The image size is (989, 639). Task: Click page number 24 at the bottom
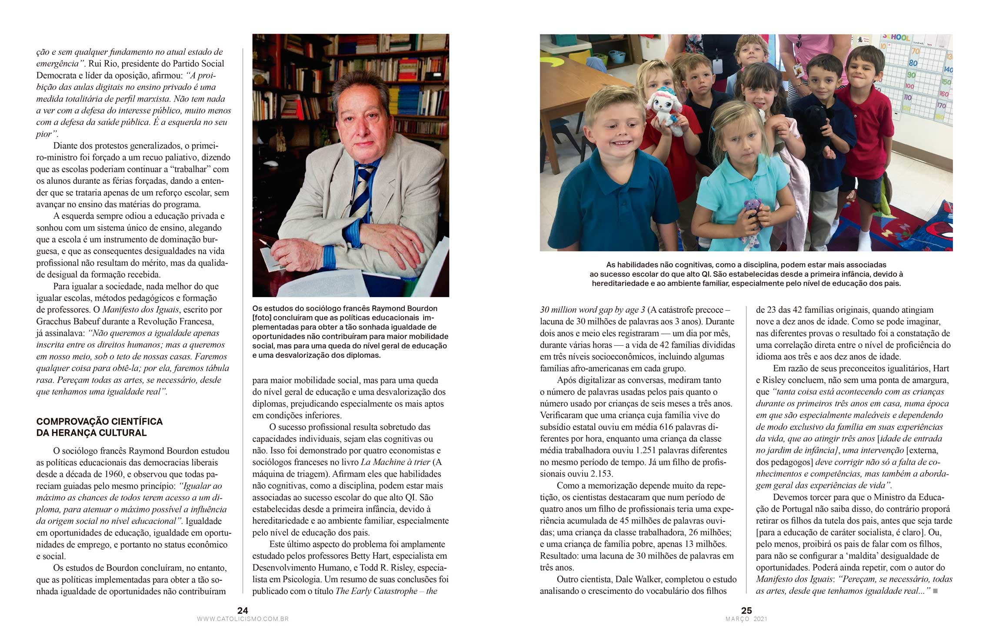243,610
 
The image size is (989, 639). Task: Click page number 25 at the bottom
746,610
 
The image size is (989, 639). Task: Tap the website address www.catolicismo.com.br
243,619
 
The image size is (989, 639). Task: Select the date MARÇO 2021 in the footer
746,619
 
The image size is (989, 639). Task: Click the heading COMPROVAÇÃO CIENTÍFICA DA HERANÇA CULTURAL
100,427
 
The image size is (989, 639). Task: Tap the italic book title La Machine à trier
395,462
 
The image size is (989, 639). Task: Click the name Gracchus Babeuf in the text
65,321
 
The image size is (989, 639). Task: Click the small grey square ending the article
935,591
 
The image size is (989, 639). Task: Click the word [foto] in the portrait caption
262,318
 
